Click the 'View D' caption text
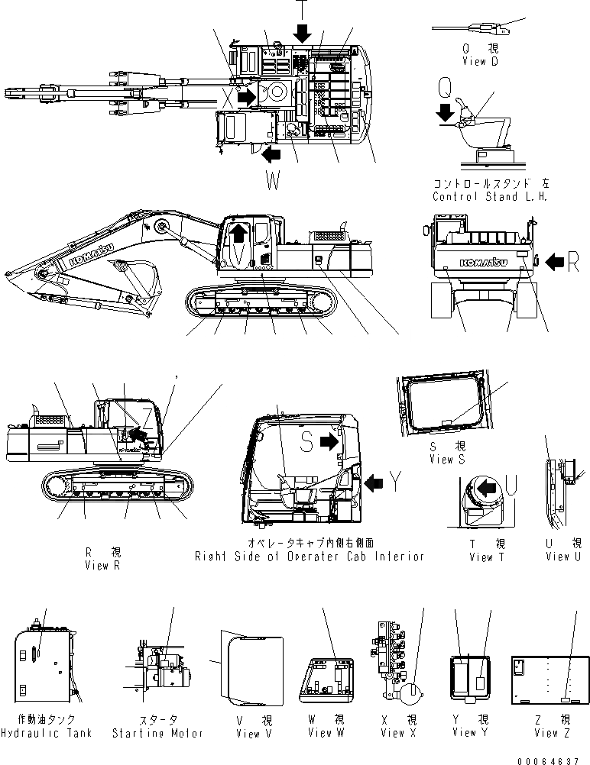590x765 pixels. point(480,61)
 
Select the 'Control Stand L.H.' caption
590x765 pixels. point(490,196)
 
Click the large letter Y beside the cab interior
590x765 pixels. point(395,481)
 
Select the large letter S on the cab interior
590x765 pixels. point(306,440)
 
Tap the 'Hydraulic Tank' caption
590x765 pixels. point(46,733)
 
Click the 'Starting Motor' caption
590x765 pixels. point(157,733)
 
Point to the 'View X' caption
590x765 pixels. point(392,733)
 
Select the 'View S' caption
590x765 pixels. point(447,460)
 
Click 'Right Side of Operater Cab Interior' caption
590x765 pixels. point(310,557)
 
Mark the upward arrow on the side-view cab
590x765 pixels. point(239,231)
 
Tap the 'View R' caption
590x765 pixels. point(102,566)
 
